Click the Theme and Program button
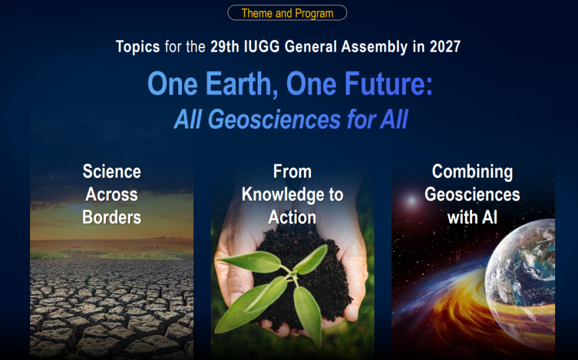click(x=287, y=13)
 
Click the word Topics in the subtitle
click(x=138, y=47)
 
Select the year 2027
click(x=445, y=46)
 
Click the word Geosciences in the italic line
click(x=274, y=119)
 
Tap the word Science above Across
click(x=112, y=172)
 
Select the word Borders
click(x=112, y=217)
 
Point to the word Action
click(x=293, y=217)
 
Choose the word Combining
click(x=472, y=172)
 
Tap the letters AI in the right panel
click(x=489, y=217)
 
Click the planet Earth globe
click(x=521, y=282)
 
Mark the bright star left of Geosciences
click(x=411, y=201)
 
